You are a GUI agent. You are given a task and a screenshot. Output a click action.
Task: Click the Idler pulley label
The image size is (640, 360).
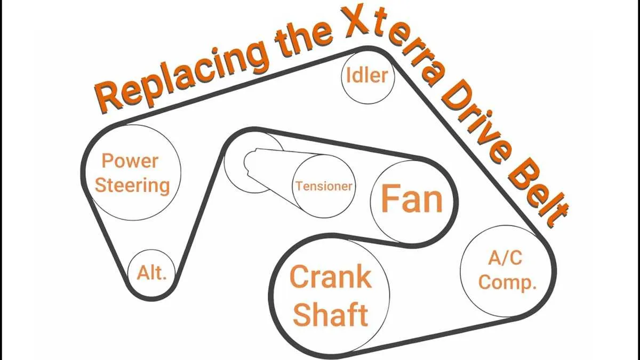click(367, 76)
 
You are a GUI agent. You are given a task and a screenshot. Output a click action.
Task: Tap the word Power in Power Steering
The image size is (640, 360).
click(130, 161)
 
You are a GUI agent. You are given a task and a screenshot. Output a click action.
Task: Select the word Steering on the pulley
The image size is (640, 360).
click(132, 186)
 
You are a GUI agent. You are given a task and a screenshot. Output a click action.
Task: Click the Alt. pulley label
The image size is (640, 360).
click(151, 273)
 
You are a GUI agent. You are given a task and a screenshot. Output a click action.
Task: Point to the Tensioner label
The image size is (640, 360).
click(324, 186)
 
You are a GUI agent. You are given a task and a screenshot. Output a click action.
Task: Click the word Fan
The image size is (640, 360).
click(412, 198)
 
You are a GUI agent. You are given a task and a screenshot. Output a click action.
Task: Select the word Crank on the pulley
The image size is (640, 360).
click(331, 277)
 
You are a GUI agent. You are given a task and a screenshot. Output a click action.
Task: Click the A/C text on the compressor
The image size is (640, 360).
click(505, 258)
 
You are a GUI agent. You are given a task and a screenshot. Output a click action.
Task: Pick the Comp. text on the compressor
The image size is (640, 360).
click(507, 283)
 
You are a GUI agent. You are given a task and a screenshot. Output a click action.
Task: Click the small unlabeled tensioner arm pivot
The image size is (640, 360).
click(253, 162)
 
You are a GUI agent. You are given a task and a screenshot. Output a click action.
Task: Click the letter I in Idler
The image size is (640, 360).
click(348, 75)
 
